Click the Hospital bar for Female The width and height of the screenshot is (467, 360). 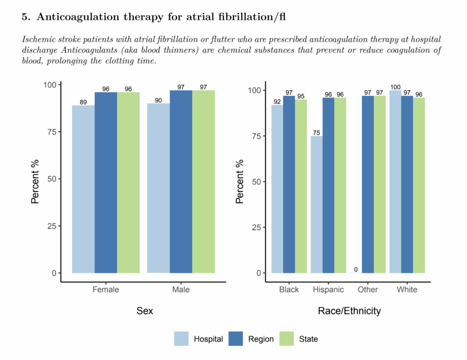tap(83, 189)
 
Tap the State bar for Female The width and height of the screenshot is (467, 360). tap(128, 182)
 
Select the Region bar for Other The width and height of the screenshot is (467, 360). tap(368, 184)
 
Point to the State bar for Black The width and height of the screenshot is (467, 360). tap(301, 186)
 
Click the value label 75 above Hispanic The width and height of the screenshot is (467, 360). tap(317, 133)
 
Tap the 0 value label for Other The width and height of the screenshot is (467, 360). tap(356, 270)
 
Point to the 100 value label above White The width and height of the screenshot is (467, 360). tap(395, 87)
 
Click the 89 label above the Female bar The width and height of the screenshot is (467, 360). tap(83, 103)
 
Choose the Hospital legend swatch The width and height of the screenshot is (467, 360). tap(182, 339)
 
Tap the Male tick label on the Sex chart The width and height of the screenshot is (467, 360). tap(181, 290)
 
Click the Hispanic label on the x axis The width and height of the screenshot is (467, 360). tap(328, 290)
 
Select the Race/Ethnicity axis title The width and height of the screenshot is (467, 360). tap(349, 311)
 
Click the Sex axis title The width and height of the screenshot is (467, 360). tap(145, 311)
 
